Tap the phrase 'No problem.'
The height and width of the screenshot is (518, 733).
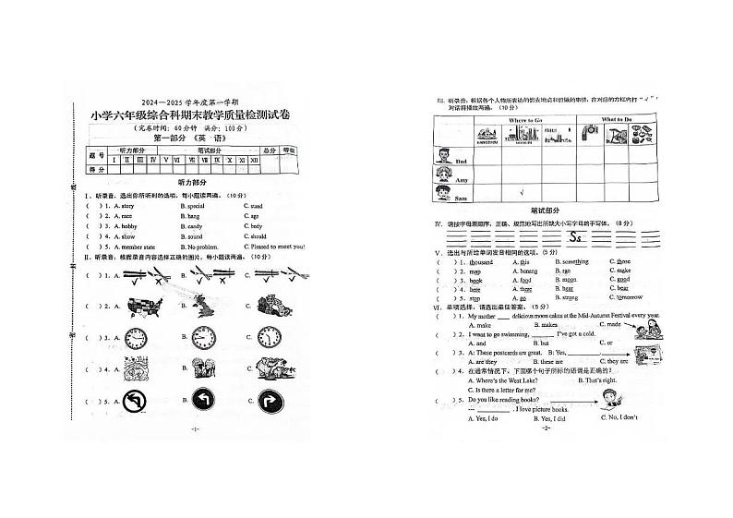[200, 247]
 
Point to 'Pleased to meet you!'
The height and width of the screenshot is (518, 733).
[275, 247]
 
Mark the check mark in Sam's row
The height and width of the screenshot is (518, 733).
[523, 192]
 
